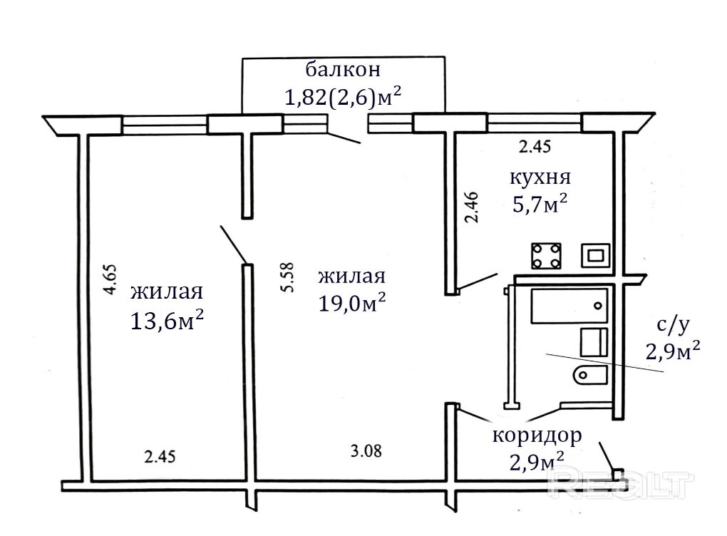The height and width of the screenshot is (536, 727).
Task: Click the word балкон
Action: coord(343,70)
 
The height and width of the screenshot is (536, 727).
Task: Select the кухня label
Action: coord(540,177)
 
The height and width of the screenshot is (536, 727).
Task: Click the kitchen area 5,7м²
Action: coord(540,203)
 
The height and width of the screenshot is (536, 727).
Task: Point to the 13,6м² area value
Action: coord(167,320)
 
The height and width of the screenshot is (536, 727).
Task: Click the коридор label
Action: coord(537,435)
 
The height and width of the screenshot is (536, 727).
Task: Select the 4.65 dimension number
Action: coord(110,279)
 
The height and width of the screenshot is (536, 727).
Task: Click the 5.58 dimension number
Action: coord(287,277)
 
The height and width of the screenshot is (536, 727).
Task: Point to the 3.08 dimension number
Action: coord(366,450)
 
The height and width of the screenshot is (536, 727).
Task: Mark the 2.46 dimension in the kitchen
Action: coord(472,207)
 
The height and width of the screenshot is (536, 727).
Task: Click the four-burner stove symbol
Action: coord(546,256)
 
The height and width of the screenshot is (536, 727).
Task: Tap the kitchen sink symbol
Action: coord(597,256)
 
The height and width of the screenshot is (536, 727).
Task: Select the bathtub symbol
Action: coord(569,306)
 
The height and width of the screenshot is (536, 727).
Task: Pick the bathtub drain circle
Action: coord(598,306)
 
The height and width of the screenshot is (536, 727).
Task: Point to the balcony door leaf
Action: coord(344,138)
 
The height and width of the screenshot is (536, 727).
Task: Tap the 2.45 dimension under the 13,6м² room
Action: coord(160,457)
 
